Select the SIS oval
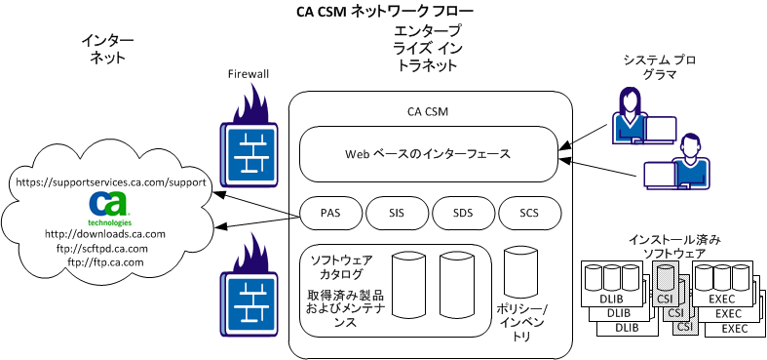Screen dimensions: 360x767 click(395, 212)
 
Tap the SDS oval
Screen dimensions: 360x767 click(462, 212)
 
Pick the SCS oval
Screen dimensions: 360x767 click(529, 212)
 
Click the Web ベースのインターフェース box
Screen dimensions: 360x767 click(428, 153)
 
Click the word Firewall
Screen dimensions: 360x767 click(248, 73)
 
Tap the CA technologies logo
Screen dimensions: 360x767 click(109, 207)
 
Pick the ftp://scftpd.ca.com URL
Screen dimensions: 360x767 click(104, 248)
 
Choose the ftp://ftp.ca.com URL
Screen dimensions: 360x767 click(105, 261)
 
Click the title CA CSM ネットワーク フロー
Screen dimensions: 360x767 click(384, 12)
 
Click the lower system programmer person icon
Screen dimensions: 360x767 click(692, 159)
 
